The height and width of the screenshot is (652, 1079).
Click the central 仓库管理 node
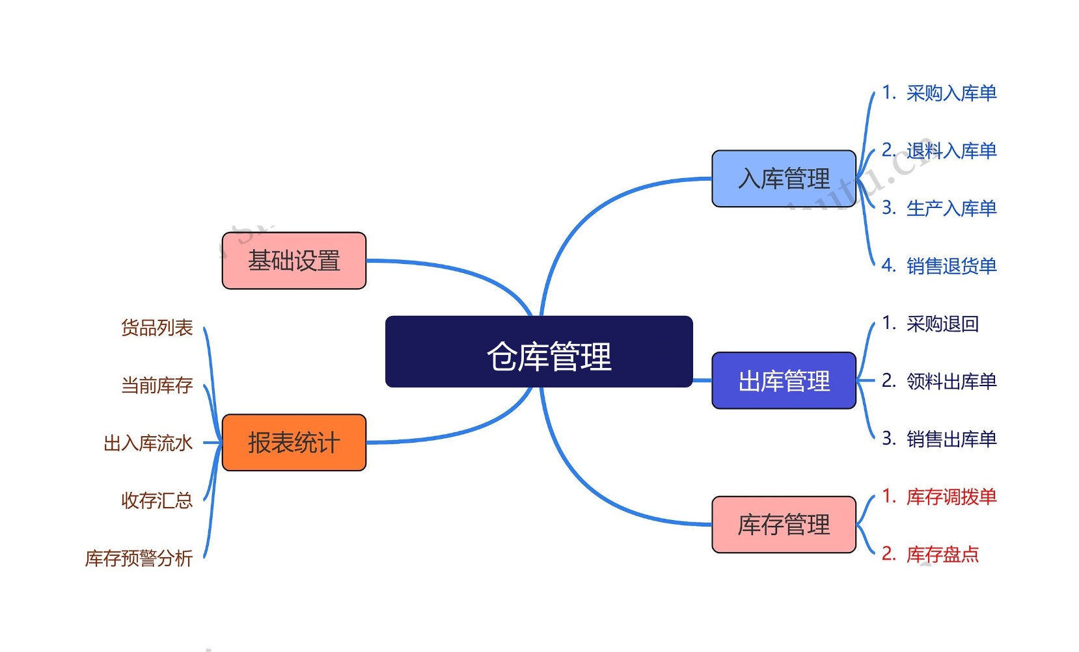(539, 352)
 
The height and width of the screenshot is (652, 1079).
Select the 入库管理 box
(784, 179)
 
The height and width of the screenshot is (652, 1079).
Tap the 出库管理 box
(784, 380)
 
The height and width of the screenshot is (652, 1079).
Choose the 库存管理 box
(784, 525)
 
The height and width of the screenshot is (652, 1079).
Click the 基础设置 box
(294, 261)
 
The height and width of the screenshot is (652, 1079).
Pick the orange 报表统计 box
(294, 443)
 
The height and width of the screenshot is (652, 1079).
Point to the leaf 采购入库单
(951, 93)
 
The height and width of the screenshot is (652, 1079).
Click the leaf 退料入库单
(951, 151)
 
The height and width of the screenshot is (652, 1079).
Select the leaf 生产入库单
(951, 208)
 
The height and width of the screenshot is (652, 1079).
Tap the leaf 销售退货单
(951, 266)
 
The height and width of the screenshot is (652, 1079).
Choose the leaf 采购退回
(942, 323)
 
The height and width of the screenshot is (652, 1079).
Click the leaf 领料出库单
(951, 381)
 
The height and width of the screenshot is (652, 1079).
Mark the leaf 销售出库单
(951, 439)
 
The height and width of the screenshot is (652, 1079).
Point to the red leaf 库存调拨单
(951, 497)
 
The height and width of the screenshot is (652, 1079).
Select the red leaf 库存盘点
(942, 554)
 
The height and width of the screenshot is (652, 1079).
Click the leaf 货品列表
(157, 328)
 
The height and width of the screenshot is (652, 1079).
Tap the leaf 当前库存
(157, 385)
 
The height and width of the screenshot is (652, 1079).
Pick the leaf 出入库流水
(148, 443)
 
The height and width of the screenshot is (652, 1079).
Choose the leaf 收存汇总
(157, 501)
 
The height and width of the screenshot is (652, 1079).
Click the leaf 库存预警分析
(139, 558)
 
